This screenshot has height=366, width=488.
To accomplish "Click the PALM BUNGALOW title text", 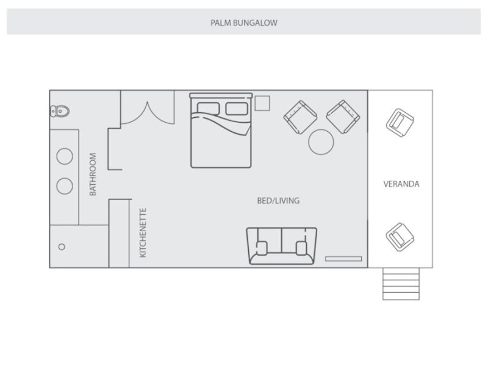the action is pyautogui.click(x=243, y=23).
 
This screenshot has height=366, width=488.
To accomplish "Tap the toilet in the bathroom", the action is pyautogui.click(x=60, y=111).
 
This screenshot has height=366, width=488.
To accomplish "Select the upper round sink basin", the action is pyautogui.click(x=65, y=156).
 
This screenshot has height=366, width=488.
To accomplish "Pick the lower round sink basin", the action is pyautogui.click(x=65, y=186).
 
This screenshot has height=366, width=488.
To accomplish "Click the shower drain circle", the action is pyautogui.click(x=62, y=247).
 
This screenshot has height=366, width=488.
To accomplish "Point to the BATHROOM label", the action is pyautogui.click(x=93, y=174).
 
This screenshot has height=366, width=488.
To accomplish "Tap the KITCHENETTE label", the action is pyautogui.click(x=143, y=233).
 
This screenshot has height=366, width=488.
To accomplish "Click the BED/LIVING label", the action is pyautogui.click(x=278, y=201).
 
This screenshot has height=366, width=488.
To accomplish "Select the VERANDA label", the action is pyautogui.click(x=401, y=184).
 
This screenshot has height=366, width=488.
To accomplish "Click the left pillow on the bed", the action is pyautogui.click(x=208, y=109).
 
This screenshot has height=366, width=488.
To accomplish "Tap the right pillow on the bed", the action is pyautogui.click(x=237, y=109).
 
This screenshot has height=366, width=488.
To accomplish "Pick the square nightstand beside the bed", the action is pyautogui.click(x=262, y=103).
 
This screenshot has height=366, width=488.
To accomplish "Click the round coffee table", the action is pyautogui.click(x=321, y=142).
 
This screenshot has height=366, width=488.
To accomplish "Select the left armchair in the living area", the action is pyautogui.click(x=300, y=117).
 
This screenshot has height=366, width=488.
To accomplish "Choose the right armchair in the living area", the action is pyautogui.click(x=343, y=117).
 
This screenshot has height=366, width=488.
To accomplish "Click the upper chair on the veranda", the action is pyautogui.click(x=400, y=123).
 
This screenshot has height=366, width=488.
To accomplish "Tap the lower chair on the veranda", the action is pyautogui.click(x=400, y=237).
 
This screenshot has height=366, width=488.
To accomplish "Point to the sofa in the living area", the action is pyautogui.click(x=282, y=246).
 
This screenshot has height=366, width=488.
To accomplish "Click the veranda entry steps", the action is pyautogui.click(x=401, y=284).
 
